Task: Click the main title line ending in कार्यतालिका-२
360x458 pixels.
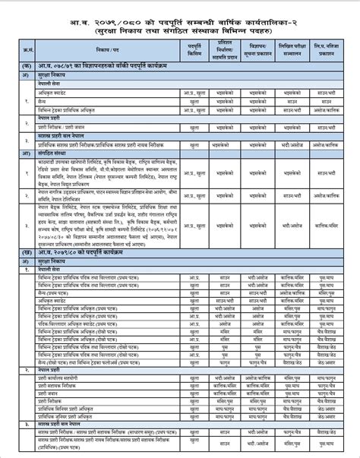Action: [x=180, y=12]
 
